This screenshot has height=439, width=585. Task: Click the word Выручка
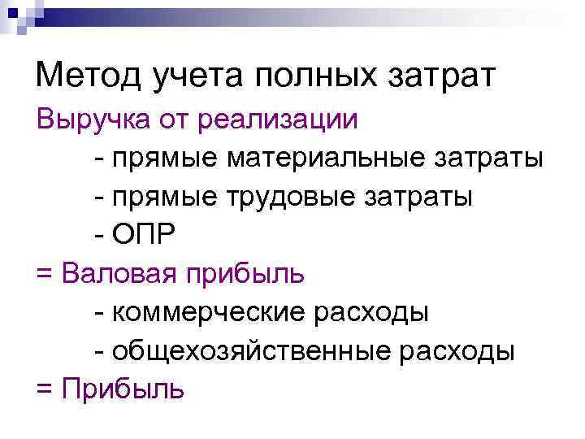click(89, 120)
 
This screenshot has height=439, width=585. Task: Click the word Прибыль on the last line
click(121, 388)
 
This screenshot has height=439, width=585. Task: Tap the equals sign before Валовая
click(44, 273)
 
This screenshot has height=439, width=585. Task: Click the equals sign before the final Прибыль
click(44, 389)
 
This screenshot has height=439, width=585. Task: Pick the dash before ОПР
click(99, 236)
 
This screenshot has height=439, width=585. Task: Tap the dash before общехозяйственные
click(99, 350)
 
